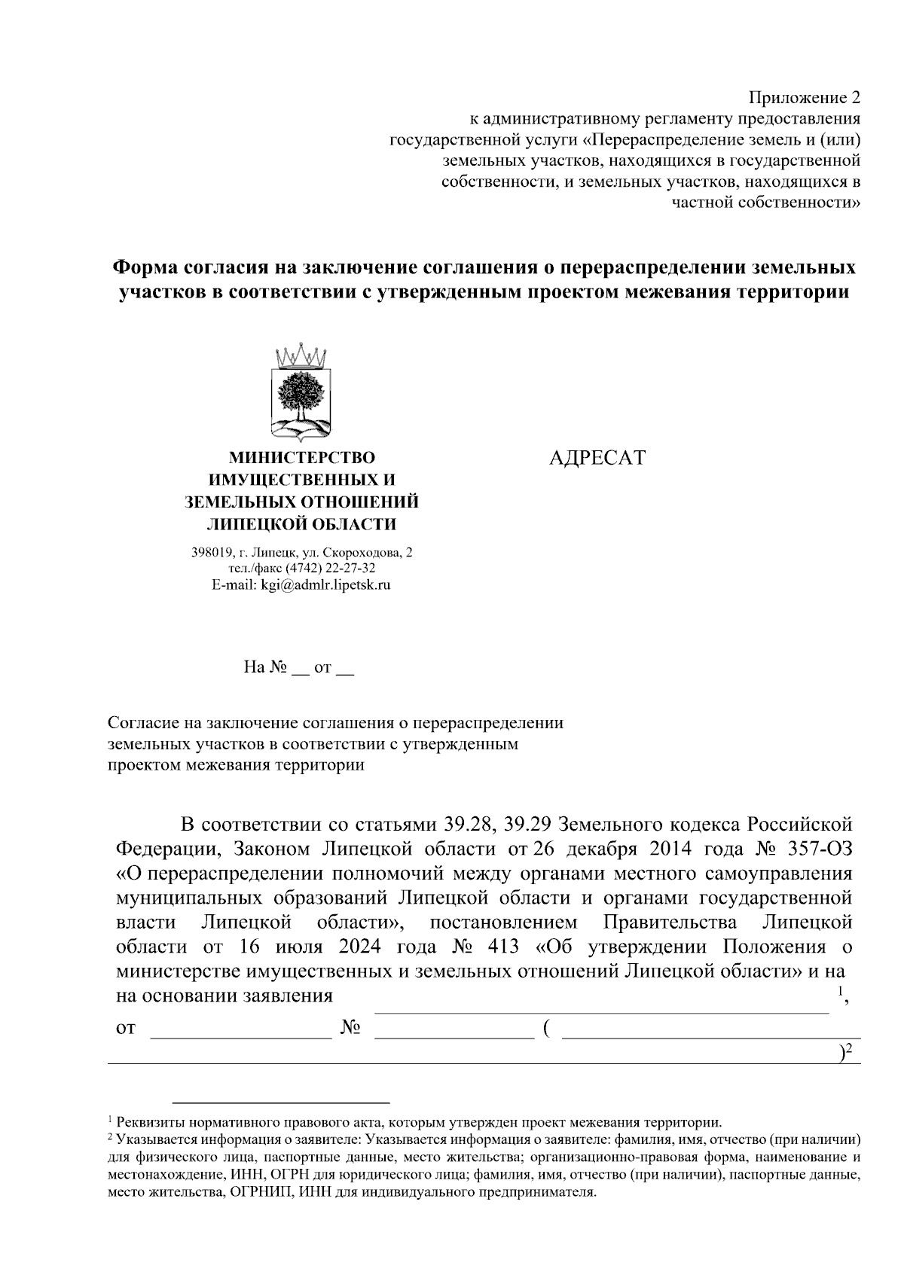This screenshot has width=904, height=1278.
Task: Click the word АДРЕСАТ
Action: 597,459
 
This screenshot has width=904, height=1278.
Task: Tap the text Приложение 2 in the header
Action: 803,98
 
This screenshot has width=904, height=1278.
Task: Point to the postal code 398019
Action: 212,552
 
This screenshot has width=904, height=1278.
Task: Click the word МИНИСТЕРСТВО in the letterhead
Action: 301,457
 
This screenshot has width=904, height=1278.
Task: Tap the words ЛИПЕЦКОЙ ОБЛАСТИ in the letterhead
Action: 301,524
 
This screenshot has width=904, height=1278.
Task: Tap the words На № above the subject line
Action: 265,667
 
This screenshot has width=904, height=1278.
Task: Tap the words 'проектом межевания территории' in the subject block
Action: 236,765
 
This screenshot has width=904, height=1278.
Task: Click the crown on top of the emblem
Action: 301,354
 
